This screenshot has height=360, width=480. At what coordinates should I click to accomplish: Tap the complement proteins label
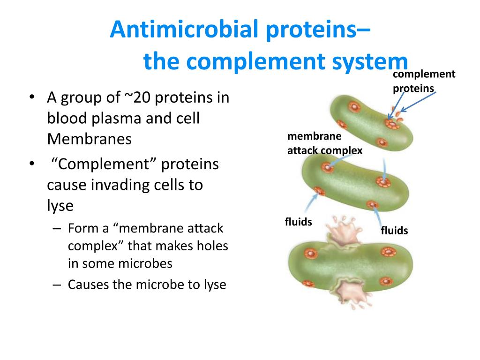click(x=423, y=81)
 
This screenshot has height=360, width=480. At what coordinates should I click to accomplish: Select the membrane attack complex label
click(x=324, y=143)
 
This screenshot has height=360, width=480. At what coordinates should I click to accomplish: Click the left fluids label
click(x=298, y=222)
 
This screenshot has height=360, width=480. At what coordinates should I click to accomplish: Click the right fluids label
click(x=394, y=231)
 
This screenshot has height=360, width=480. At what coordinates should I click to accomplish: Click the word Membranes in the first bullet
click(x=89, y=139)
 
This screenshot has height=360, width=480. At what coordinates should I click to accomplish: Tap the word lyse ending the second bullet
click(x=60, y=206)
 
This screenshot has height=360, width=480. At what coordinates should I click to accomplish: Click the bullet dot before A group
click(x=32, y=98)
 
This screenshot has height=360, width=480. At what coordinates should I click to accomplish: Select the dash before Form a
click(x=57, y=229)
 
